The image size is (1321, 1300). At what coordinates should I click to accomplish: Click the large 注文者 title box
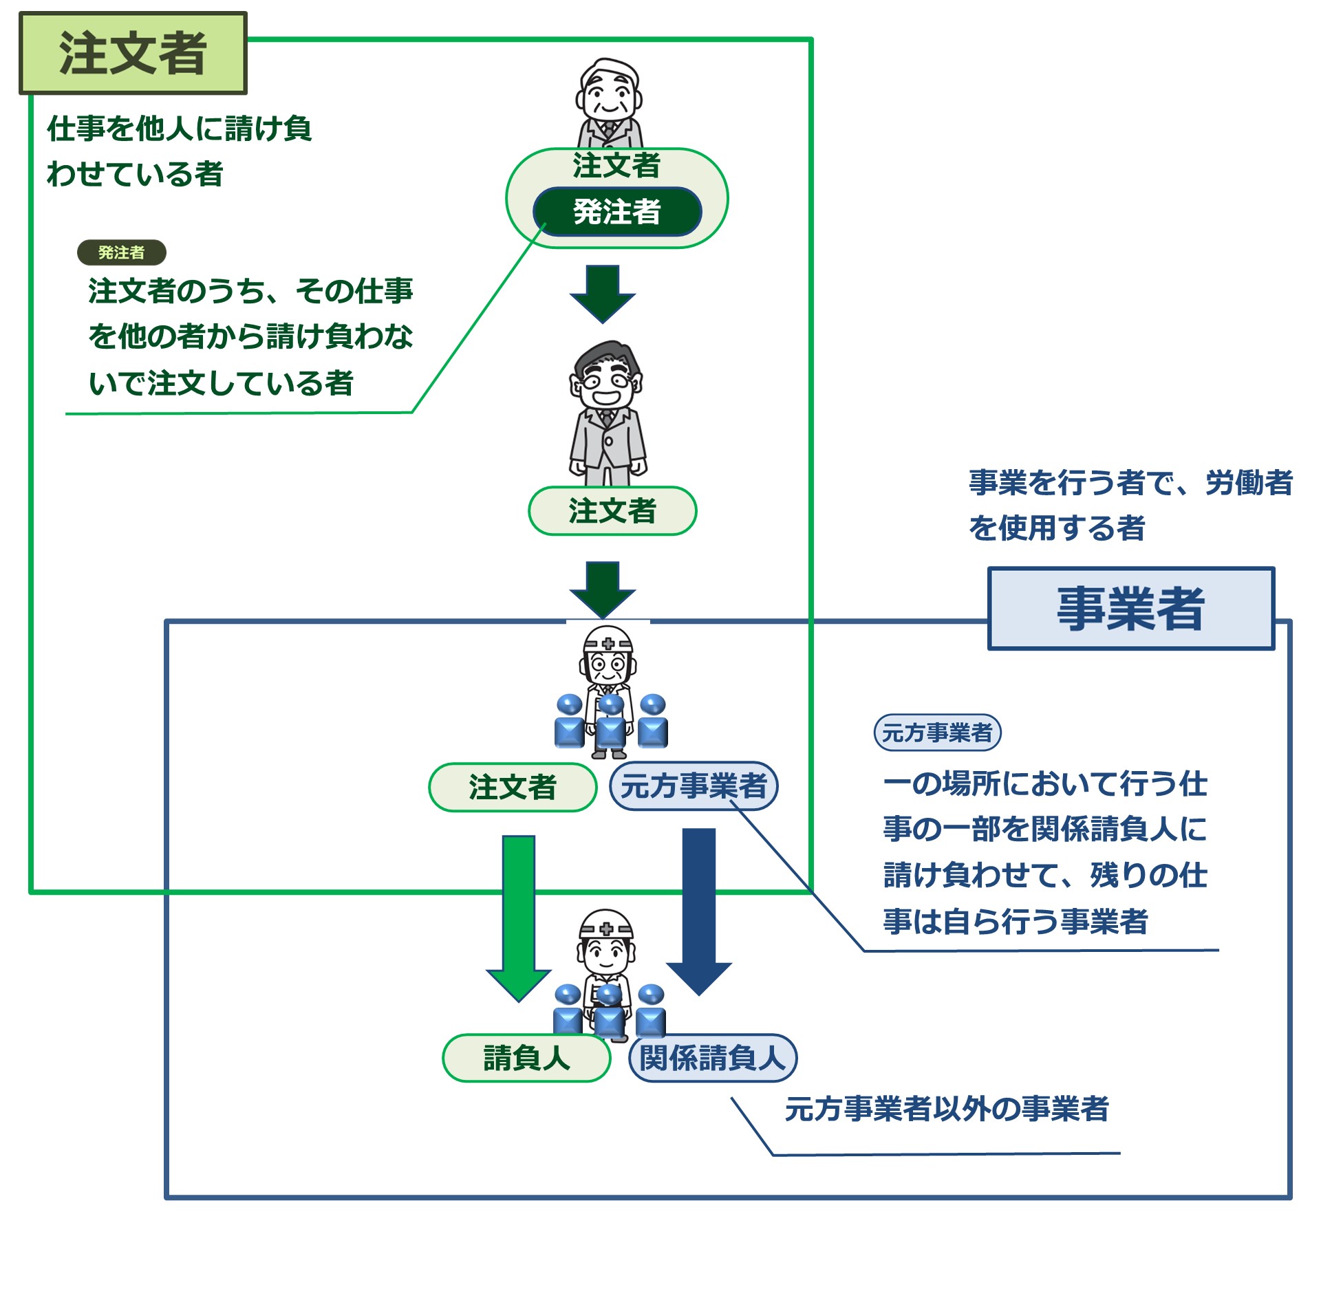click(x=133, y=53)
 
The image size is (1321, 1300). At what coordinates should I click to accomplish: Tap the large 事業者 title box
click(x=1130, y=608)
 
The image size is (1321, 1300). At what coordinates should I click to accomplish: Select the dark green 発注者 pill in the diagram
click(x=617, y=211)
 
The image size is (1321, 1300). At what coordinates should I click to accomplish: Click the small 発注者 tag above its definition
click(x=122, y=252)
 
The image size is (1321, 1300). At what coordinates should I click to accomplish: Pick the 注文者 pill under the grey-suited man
click(x=612, y=511)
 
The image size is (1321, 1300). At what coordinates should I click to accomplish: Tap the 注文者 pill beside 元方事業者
click(x=513, y=787)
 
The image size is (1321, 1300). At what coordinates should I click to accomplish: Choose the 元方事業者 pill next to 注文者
click(x=694, y=786)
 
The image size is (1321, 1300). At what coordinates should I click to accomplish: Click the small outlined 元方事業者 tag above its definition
click(x=937, y=732)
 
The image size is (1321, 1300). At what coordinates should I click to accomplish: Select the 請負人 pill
click(x=526, y=1058)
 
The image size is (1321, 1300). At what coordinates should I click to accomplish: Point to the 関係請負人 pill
click(x=713, y=1058)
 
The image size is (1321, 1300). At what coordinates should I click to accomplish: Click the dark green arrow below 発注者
click(x=603, y=293)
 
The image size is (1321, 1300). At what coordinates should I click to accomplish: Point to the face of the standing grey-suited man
click(x=608, y=382)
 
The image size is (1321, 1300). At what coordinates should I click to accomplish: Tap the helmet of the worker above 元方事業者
click(x=608, y=640)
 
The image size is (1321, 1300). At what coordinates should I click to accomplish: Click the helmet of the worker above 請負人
click(x=606, y=924)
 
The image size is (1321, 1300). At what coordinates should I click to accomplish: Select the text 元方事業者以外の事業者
click(x=947, y=1108)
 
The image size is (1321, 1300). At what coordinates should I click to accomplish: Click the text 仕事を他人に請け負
click(x=179, y=129)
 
